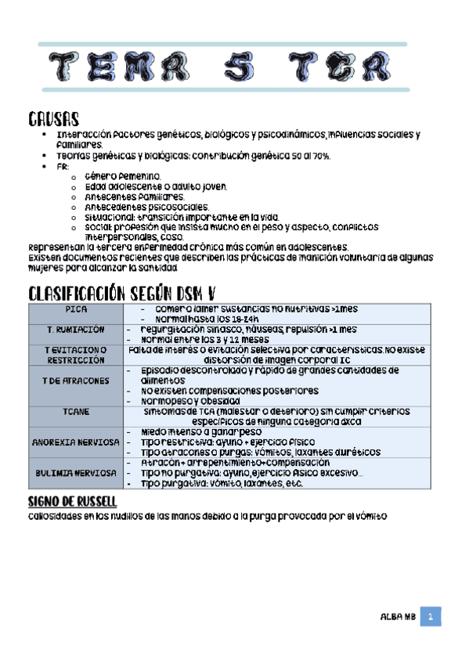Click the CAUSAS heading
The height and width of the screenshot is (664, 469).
pyautogui.click(x=54, y=119)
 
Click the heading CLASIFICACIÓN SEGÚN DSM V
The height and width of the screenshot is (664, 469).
pyautogui.click(x=121, y=294)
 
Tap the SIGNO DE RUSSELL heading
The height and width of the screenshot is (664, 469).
pyautogui.click(x=72, y=500)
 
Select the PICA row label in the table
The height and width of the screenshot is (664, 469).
pyautogui.click(x=76, y=310)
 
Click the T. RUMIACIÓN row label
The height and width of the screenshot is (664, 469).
pyautogui.click(x=76, y=330)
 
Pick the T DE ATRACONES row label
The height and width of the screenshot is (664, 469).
pyautogui.click(x=76, y=380)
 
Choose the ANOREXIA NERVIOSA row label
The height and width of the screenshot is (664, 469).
pyautogui.click(x=76, y=442)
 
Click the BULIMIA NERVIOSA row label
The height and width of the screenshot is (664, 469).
pyautogui.click(x=76, y=473)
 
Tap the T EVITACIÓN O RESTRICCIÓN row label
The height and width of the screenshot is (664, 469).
pyautogui.click(x=76, y=355)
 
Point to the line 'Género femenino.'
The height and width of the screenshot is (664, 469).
pyautogui.click(x=123, y=176)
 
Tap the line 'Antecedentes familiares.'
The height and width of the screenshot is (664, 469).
pyautogui.click(x=135, y=197)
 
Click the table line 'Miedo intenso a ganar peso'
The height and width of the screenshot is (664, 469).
pyautogui.click(x=197, y=431)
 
